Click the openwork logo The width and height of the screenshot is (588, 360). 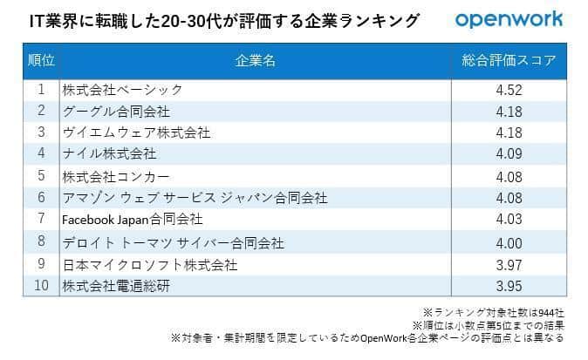[509, 19]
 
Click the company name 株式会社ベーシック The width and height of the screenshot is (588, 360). [122, 89]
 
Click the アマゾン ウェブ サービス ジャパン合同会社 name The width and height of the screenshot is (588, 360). [195, 198]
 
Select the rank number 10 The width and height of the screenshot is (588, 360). [41, 285]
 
